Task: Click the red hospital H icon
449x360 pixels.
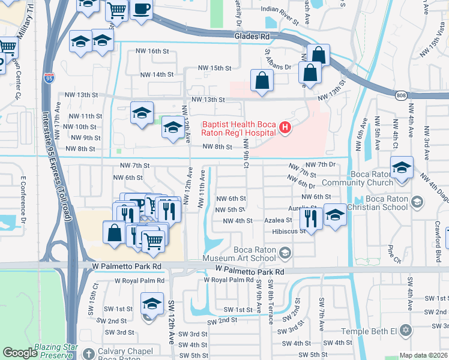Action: point(285,128)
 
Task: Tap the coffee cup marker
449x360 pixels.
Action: point(141,10)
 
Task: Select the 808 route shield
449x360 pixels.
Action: point(402,95)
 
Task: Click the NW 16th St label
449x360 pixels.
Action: point(152,51)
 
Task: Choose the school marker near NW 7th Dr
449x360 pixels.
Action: point(402,167)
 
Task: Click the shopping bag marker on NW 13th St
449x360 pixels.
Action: point(262,80)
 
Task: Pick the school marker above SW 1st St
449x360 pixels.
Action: point(152,303)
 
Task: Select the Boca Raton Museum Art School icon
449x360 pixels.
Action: point(285,254)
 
